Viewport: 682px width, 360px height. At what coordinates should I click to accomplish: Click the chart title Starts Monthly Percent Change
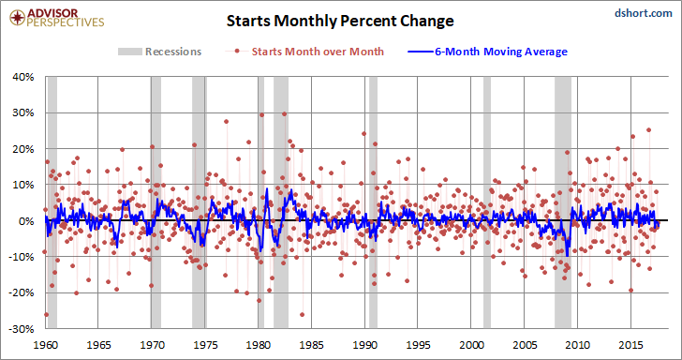coord(340,21)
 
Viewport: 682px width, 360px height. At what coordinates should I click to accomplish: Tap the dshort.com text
coord(644,13)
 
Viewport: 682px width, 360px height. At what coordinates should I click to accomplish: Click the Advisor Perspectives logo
coord(57,18)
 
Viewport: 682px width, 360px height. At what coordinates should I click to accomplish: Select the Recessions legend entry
coord(159,52)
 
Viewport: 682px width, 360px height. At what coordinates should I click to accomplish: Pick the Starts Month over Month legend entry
coord(304,52)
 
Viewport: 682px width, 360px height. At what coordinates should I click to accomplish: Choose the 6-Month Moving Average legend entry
coord(487,52)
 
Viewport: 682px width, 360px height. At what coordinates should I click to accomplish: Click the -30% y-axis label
coord(23,328)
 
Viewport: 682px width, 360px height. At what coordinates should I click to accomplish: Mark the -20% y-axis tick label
coord(23,292)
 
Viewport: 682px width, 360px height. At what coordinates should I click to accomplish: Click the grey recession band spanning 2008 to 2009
coord(563,202)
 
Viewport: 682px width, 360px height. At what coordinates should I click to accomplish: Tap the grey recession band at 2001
coord(487,202)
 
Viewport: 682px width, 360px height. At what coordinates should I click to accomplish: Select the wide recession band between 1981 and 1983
coord(281,202)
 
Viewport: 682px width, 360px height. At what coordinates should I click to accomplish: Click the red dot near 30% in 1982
coord(285,113)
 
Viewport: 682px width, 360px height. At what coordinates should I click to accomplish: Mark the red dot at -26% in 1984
coord(302,314)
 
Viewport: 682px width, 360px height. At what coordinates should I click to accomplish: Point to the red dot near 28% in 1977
coord(226,122)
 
